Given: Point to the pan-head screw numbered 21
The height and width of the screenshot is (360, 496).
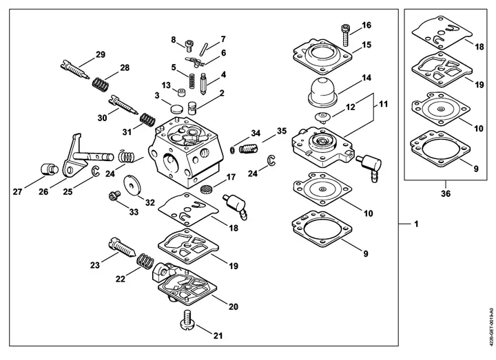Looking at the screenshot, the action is pyautogui.click(x=188, y=320).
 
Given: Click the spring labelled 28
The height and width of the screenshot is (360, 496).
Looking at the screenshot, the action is pyautogui.click(x=101, y=84).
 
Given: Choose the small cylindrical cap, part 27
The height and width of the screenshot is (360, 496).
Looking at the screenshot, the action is pyautogui.click(x=50, y=169).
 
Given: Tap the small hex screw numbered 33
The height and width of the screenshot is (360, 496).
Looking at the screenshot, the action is pyautogui.click(x=114, y=195).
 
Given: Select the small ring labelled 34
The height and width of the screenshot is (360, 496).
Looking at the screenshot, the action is pyautogui.click(x=233, y=149).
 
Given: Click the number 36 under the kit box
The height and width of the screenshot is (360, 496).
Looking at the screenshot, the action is pyautogui.click(x=446, y=193).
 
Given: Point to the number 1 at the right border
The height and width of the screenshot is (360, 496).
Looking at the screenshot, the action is pyautogui.click(x=416, y=224).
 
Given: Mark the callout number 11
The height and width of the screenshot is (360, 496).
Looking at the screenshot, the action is pyautogui.click(x=383, y=104).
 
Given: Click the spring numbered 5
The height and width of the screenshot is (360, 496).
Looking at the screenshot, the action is pyautogui.click(x=192, y=81).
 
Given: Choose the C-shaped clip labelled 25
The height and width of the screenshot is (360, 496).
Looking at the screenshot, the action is pyautogui.click(x=96, y=171).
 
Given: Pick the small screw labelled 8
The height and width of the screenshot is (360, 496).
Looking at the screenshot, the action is pyautogui.click(x=189, y=45).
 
